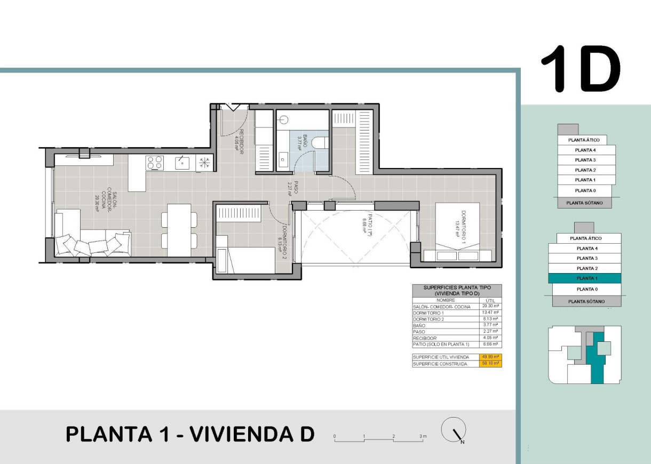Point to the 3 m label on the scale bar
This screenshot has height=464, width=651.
click(423, 437)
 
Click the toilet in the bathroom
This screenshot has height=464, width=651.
click(320, 143)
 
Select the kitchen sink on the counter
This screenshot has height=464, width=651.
click(182, 162)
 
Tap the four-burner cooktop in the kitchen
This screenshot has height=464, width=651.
click(155, 162)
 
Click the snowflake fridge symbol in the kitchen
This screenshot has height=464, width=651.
click(204, 162)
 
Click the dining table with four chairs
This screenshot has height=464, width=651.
click(179, 230)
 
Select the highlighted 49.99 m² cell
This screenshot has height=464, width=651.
click(490, 357)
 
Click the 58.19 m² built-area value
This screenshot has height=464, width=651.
click(490, 364)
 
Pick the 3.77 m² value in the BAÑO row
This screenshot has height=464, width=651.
click(490, 325)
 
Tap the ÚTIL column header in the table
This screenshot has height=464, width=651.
click(490, 301)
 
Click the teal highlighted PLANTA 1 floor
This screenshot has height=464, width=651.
click(585, 278)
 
